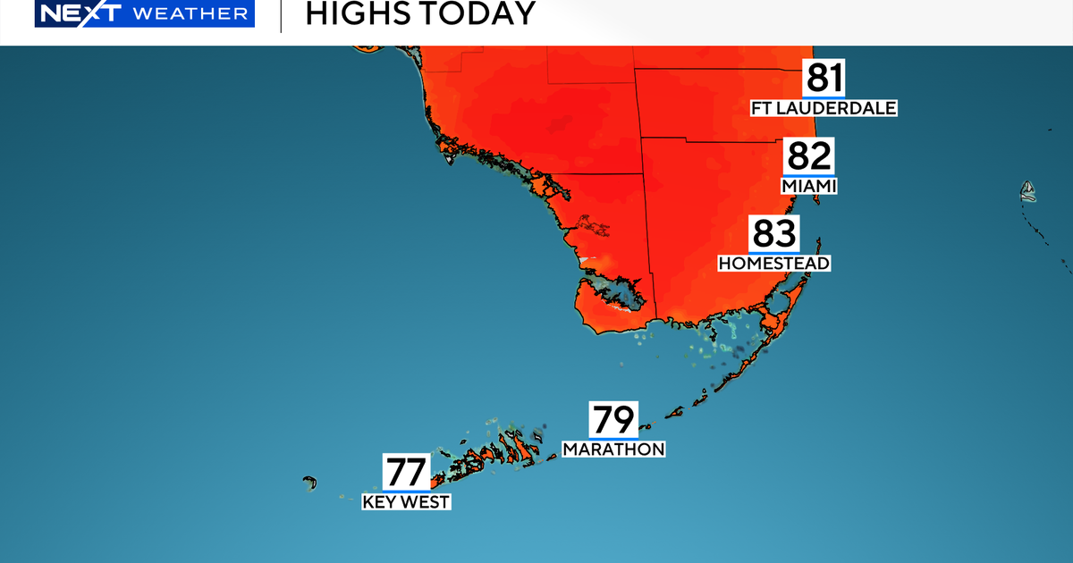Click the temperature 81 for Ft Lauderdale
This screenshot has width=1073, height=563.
(824, 78)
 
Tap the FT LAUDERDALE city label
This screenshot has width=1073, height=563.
(824, 108)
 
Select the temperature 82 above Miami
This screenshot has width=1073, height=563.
(809, 156)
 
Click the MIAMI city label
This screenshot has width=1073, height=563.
(809, 186)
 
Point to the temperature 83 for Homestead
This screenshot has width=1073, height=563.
(774, 234)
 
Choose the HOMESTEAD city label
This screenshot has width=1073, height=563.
(774, 263)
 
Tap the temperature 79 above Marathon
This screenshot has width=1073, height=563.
(613, 419)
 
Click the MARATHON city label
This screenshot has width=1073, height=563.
(613, 449)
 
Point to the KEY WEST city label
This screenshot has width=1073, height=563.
(406, 501)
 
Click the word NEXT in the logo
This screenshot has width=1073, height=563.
(72, 14)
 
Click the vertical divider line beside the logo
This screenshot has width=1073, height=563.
(281, 15)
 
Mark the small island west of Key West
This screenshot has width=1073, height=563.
(310, 483)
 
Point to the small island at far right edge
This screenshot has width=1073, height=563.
(1028, 189)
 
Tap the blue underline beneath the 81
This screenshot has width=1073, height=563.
(824, 96)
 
